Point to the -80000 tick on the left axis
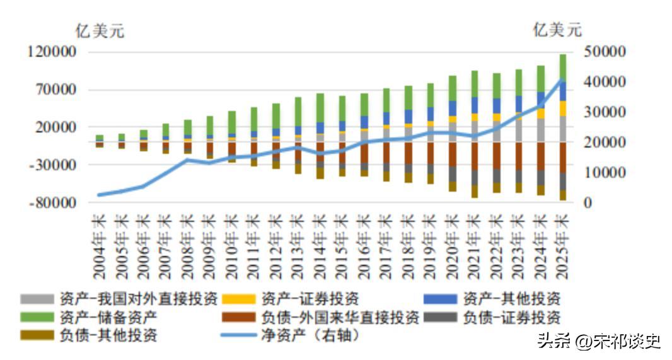click(x=53, y=203)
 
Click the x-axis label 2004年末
click(x=99, y=246)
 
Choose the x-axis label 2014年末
click(x=320, y=246)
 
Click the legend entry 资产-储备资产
click(x=107, y=316)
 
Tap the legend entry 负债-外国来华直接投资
click(x=340, y=316)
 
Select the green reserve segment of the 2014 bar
click(x=320, y=107)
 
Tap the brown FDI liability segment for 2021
click(x=475, y=156)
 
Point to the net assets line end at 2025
click(x=562, y=80)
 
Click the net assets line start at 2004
click(x=100, y=195)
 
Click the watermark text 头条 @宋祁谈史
click(x=598, y=341)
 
